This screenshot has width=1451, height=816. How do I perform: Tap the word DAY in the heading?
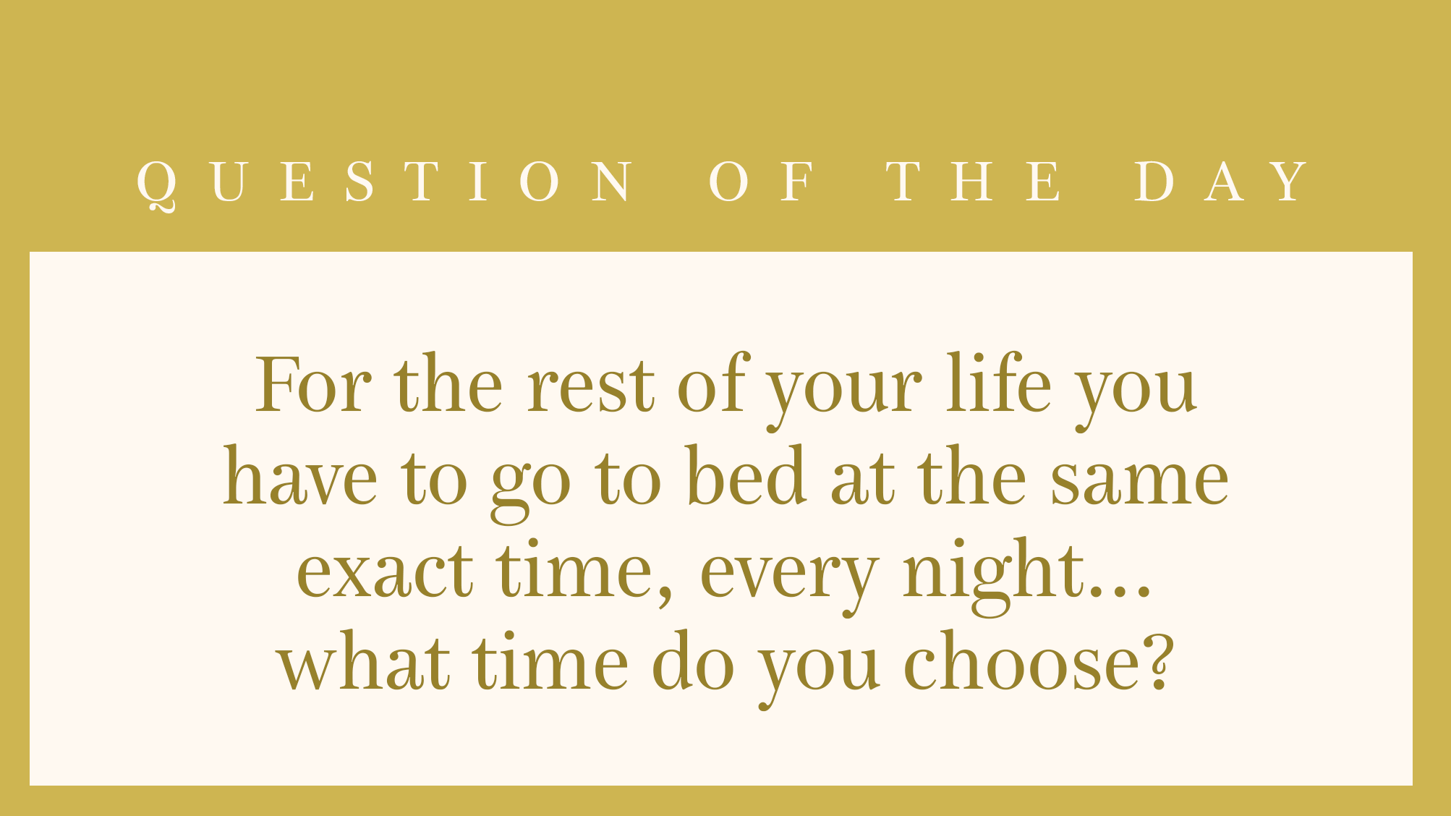[1222, 182]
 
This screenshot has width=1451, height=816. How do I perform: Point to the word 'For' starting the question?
[313, 384]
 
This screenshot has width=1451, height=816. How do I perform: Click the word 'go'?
[531, 489]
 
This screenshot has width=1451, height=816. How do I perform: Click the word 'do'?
[693, 660]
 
